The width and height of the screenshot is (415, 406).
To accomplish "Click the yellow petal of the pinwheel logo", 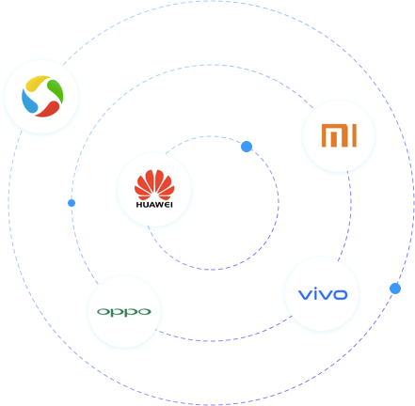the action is pos(37,83).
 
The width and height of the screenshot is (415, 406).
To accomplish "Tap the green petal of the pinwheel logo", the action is pos(56,90).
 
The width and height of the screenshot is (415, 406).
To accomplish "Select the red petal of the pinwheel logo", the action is pos(48,109).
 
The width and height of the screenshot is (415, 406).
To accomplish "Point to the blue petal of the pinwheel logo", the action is pos(29,101).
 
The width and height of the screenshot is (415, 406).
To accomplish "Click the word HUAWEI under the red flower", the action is pos(154,205).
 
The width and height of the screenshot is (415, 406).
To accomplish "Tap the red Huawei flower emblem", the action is pos(154,185).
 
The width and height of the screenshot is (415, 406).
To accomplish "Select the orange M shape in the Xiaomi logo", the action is pos(335,135).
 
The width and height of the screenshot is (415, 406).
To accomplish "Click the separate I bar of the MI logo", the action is pos(354,135).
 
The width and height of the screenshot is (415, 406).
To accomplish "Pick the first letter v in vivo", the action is pos(304,295).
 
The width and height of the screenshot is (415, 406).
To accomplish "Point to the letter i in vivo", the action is pos(313,293).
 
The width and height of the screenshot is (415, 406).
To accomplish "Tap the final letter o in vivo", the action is pos(339,295).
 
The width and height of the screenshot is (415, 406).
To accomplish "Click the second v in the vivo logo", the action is pos(323,295).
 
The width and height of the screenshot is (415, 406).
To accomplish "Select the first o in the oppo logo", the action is pos(104,312).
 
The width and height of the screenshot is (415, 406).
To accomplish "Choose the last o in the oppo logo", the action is pos(144,312).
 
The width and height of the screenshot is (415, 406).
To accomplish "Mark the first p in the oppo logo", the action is pos(117,313).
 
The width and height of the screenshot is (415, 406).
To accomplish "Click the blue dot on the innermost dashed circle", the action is pos(247,147).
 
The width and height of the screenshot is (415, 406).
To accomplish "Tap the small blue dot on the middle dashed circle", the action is pos(72,203).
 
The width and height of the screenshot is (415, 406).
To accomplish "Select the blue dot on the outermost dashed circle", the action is pos(395,289).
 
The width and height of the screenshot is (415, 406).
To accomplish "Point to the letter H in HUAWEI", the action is pos(139,205).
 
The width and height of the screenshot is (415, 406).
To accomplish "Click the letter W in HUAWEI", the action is pos(159,205).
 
